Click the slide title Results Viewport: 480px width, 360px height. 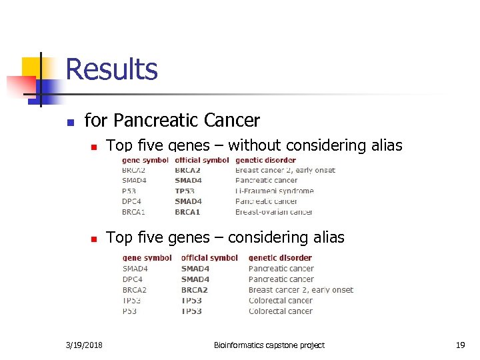tap(111, 69)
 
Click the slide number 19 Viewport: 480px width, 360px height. tap(460, 345)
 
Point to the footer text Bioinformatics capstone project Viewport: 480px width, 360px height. tap(269, 345)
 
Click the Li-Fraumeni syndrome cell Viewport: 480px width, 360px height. tap(274, 191)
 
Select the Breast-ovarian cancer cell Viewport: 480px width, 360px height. tap(273, 212)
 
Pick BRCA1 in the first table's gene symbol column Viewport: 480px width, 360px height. tap(134, 212)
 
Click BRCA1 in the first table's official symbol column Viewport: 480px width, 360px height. tap(187, 212)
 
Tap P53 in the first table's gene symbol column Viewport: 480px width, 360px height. tap(129, 191)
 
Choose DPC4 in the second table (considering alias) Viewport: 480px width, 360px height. tap(133, 279)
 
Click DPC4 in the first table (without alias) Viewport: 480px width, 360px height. tap(132, 201)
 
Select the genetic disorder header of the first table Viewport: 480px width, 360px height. tap(265, 160)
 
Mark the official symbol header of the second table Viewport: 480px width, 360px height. tap(209, 258)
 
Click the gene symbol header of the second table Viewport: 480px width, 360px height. tap(147, 258)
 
